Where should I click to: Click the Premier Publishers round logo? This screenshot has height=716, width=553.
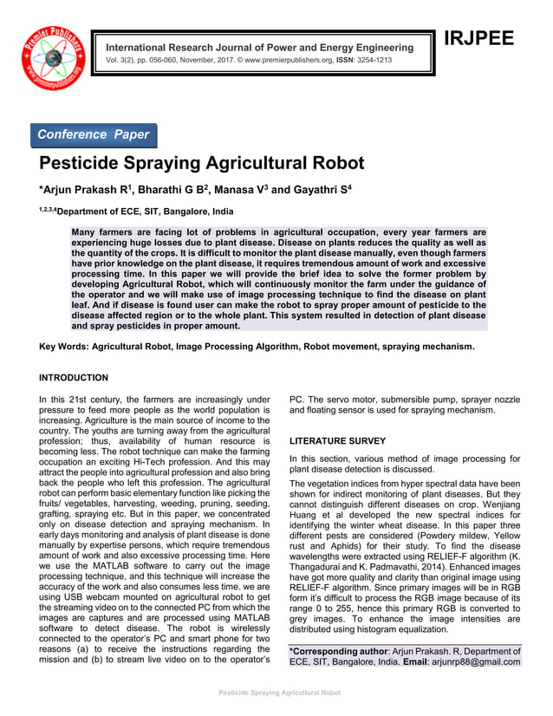coord(54,54)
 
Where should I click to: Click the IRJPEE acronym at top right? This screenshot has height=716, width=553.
coord(478,39)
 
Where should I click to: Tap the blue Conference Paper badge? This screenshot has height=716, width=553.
coord(94,135)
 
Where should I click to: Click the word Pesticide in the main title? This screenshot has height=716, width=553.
coord(86,164)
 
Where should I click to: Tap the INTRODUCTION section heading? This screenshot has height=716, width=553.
coord(74,378)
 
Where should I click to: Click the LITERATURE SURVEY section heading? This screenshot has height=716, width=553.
coord(337,441)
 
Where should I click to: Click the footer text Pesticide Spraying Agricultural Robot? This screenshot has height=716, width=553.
coord(279,693)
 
